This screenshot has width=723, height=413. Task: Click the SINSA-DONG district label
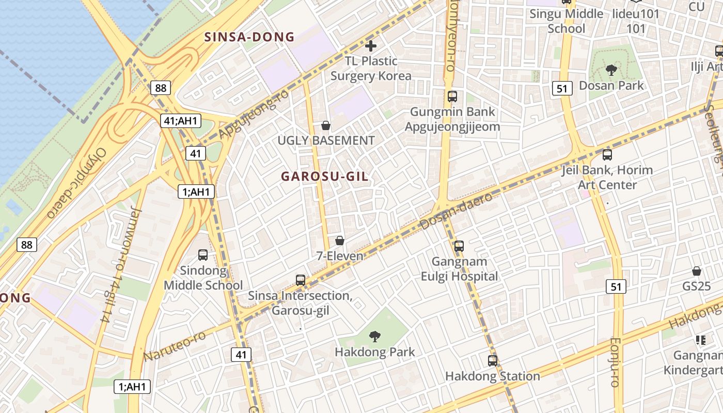pos(249,37)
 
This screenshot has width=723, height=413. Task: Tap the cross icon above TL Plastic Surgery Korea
pos(371,46)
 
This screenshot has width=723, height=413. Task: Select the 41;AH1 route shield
pos(180,121)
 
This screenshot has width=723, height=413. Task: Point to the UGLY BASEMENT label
pos(326,140)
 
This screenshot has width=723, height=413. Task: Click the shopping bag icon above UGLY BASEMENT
pos(326,125)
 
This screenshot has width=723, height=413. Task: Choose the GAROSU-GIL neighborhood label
pos(325,177)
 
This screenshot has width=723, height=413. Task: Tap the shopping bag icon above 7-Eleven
pos(340,241)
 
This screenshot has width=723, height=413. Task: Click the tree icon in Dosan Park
pos(611,70)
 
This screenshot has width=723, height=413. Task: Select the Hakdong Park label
pos(375,352)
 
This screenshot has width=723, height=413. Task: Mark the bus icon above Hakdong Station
pos(493,361)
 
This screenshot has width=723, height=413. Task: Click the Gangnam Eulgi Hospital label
pos(459,269)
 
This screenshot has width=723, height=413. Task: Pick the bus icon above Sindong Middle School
pos(203,255)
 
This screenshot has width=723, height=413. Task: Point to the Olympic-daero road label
pos(77,183)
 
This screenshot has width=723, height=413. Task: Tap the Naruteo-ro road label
pos(174,346)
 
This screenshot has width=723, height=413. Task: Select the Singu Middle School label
pos(566,21)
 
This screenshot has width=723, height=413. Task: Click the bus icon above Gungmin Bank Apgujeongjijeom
pos(452,96)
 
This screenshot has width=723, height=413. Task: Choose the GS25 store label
pos(697,286)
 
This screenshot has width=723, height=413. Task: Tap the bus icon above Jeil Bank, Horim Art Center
pos(607,154)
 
